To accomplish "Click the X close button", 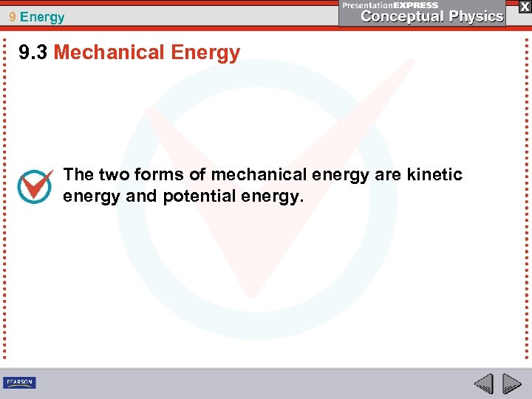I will (524, 7).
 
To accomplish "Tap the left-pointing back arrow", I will (483, 383).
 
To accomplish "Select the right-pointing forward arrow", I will (511, 383).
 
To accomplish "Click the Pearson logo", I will (19, 382).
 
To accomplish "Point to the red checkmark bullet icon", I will (35, 186).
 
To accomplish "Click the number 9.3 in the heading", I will (33, 52).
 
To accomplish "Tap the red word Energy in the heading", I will (205, 52).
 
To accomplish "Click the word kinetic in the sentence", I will (436, 174).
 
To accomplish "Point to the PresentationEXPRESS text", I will (391, 5).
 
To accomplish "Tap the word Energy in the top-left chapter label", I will (42, 17).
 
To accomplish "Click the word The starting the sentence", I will (78, 174).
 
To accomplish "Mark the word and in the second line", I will (136, 197).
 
